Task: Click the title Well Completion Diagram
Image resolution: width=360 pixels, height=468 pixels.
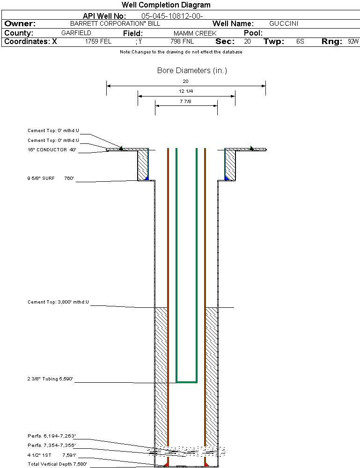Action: pos(166,5)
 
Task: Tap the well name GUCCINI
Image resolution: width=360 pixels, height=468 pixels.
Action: pos(284,23)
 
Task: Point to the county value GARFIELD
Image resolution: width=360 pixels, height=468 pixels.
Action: pos(76,33)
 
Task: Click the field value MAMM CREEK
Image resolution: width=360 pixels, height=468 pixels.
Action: pos(195,33)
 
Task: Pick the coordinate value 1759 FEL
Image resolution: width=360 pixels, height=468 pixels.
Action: pos(98,42)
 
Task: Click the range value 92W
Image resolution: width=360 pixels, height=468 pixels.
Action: pos(353,42)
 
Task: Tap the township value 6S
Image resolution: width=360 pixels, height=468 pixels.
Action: pos(300,42)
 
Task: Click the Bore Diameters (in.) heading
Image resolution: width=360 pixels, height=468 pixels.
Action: pos(192,71)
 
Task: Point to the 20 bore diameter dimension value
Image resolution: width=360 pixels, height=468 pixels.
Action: pos(185,81)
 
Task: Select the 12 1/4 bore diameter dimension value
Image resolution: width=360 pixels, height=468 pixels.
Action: pos(186,91)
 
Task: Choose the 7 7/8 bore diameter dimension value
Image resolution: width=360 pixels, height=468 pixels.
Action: pos(186,101)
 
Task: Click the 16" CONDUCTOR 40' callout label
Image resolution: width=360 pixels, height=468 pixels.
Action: pos(52,150)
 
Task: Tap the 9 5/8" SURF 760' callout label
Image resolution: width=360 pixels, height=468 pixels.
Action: pos(51,178)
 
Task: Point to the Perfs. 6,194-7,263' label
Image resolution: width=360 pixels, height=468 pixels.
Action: pos(51,436)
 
